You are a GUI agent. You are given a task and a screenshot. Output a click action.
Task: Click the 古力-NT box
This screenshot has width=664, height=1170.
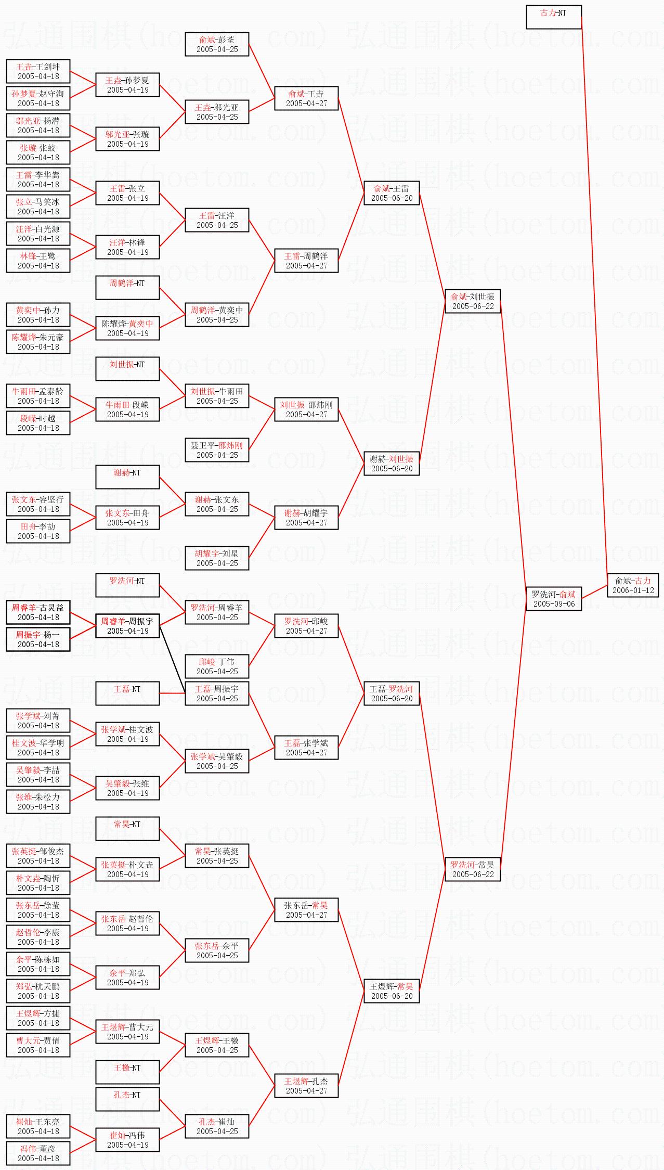(x=553, y=17)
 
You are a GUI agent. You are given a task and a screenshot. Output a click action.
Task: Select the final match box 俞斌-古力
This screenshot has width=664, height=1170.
(x=633, y=585)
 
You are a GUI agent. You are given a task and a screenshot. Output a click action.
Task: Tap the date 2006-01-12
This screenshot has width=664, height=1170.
(x=633, y=590)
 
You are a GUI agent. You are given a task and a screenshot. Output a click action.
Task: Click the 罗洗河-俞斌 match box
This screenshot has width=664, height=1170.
(x=553, y=599)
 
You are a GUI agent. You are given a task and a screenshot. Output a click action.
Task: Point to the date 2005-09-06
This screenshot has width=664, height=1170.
(x=554, y=604)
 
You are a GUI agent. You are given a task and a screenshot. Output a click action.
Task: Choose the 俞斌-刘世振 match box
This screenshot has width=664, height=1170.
(x=472, y=301)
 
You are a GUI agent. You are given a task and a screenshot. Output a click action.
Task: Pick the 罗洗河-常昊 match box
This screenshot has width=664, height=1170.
(x=472, y=869)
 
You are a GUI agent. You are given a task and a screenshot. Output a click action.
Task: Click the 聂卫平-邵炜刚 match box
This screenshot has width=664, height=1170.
(x=217, y=450)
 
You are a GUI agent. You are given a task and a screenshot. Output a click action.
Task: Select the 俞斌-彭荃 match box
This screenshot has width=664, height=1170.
(x=217, y=44)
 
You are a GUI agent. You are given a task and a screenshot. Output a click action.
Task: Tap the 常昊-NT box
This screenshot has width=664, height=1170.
(x=127, y=829)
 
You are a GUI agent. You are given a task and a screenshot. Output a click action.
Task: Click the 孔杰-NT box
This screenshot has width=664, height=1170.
(x=127, y=1099)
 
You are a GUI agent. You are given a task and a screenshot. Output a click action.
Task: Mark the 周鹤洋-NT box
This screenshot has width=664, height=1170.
(x=127, y=288)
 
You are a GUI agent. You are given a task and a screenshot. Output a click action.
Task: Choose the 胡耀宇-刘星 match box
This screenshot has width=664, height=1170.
(x=217, y=558)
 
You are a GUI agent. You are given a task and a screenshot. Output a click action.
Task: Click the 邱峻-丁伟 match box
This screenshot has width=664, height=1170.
(x=217, y=666)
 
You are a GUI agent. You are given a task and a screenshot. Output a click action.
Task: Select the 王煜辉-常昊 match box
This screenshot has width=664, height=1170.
(x=391, y=991)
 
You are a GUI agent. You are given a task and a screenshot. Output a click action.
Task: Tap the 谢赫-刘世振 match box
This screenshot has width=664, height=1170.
(x=391, y=464)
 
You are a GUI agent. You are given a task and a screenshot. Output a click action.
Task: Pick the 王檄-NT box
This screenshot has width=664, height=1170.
(x=127, y=1072)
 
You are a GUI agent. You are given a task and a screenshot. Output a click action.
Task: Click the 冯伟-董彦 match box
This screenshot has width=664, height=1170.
(x=38, y=1153)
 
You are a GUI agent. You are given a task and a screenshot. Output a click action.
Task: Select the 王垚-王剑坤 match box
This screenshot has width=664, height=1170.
(x=38, y=71)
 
